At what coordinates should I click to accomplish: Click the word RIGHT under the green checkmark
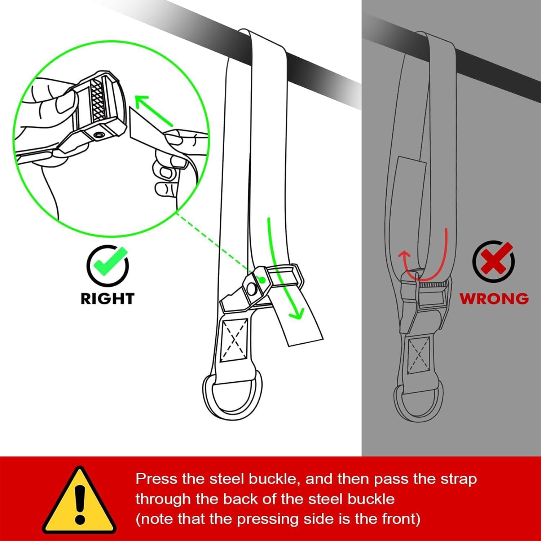pos(107,299)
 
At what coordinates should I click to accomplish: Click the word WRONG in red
pos(494,299)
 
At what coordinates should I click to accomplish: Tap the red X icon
pos(494,261)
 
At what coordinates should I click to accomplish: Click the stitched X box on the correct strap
pos(234,339)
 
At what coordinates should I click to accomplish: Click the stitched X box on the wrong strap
pos(419,356)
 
